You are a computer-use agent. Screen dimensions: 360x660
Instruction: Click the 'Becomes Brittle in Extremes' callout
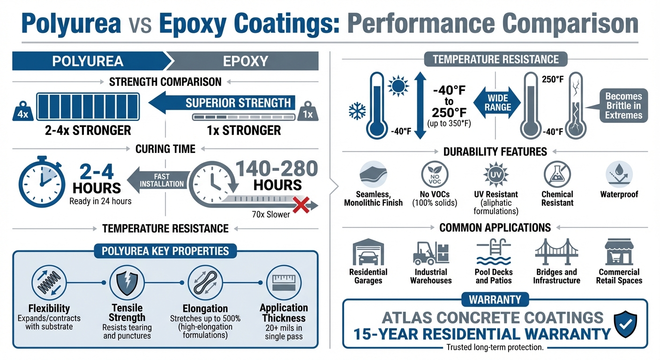point(623,105)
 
